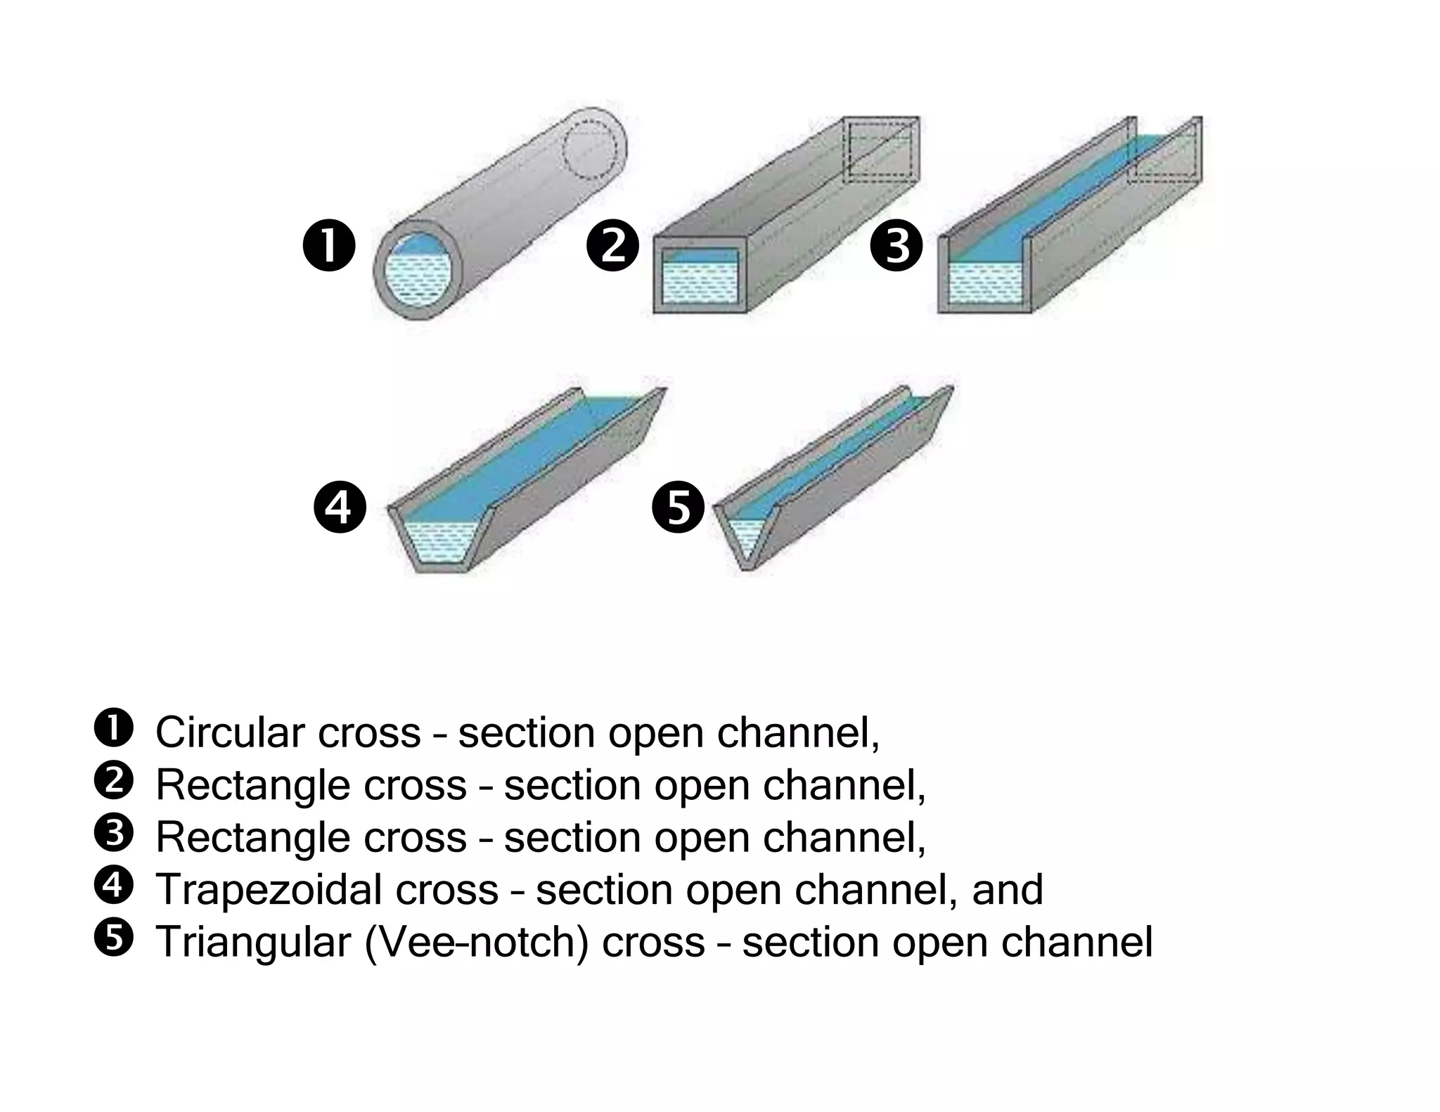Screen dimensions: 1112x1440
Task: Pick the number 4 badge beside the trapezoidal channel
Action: [340, 507]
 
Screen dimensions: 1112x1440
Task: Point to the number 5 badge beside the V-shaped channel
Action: [679, 507]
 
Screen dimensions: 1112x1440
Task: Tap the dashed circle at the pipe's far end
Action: [591, 150]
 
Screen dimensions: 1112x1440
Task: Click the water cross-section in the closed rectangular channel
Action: [700, 281]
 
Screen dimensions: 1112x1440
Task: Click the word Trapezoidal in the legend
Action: [268, 889]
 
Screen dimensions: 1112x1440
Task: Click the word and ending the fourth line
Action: [1007, 889]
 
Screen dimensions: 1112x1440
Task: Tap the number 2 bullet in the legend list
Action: [113, 781]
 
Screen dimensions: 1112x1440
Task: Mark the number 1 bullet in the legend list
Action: [113, 729]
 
